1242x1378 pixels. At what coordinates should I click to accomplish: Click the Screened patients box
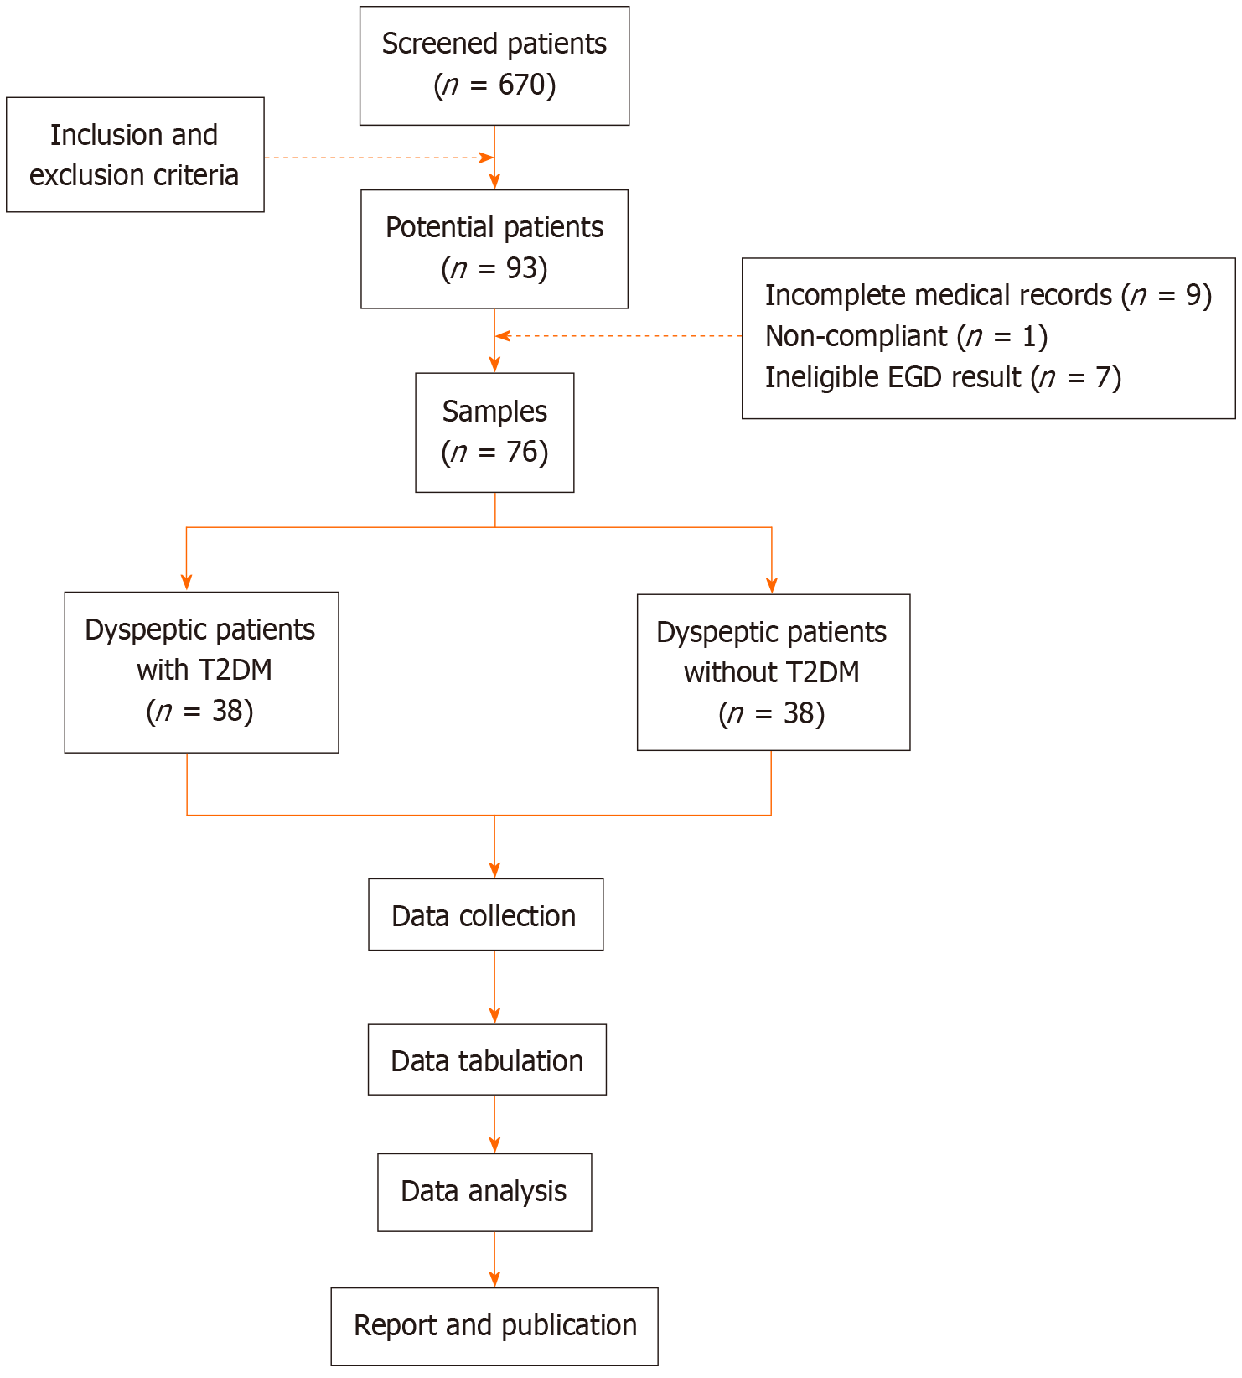pyautogui.click(x=494, y=66)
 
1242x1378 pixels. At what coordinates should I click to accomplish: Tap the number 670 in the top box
pyautogui.click(x=523, y=85)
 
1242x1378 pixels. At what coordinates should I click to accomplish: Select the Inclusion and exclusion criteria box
pyautogui.click(x=135, y=155)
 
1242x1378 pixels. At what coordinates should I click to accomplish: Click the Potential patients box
pyautogui.click(x=494, y=249)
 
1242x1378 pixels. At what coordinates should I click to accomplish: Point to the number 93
pyautogui.click(x=522, y=268)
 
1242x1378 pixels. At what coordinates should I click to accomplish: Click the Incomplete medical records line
pyautogui.click(x=989, y=295)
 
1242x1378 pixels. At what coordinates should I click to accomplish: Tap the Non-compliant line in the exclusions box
pyautogui.click(x=907, y=336)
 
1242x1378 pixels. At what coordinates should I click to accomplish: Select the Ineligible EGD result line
pyautogui.click(x=944, y=377)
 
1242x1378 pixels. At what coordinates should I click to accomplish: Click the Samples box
pyautogui.click(x=494, y=433)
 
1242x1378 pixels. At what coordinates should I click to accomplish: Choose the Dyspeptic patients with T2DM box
pyautogui.click(x=201, y=672)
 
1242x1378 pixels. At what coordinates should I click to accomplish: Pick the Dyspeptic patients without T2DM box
pyautogui.click(x=774, y=672)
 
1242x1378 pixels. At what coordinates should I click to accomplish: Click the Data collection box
pyautogui.click(x=486, y=914)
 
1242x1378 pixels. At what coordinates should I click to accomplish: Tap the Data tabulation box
pyautogui.click(x=487, y=1059)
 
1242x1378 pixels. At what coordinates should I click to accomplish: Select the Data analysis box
pyautogui.click(x=484, y=1192)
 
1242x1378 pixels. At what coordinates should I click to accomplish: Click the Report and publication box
pyautogui.click(x=494, y=1326)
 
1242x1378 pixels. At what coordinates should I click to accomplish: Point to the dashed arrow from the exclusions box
pyautogui.click(x=618, y=336)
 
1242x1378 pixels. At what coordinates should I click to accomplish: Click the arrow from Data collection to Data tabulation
pyautogui.click(x=494, y=987)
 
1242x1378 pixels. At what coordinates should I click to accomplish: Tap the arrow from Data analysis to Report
pyautogui.click(x=494, y=1260)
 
